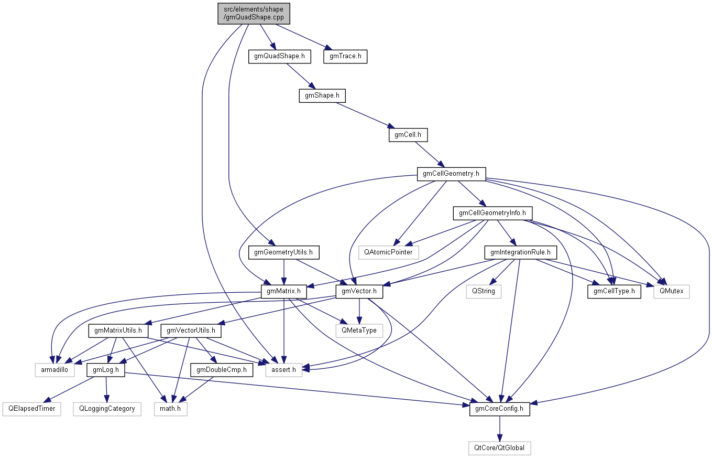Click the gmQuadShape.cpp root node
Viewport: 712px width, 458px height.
(254, 14)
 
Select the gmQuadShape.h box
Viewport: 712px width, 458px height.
(279, 56)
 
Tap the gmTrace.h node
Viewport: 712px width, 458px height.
(345, 56)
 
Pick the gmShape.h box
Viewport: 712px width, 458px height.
(322, 95)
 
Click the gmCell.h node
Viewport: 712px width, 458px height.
(408, 135)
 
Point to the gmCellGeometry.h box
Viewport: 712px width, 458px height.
(451, 174)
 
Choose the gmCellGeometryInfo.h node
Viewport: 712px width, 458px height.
(492, 213)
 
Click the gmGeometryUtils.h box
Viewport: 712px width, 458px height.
(283, 252)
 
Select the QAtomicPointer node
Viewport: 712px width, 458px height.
(389, 252)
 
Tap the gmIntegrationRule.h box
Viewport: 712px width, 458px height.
(520, 252)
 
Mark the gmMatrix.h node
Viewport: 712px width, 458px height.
(283, 291)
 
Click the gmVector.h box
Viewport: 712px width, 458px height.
(359, 291)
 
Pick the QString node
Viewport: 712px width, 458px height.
(484, 291)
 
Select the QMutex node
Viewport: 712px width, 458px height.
(671, 291)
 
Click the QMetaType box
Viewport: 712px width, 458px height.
(359, 331)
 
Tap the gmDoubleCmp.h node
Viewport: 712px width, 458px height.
(222, 370)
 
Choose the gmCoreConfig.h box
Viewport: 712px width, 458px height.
(499, 409)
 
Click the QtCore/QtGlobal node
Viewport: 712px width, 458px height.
(499, 448)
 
